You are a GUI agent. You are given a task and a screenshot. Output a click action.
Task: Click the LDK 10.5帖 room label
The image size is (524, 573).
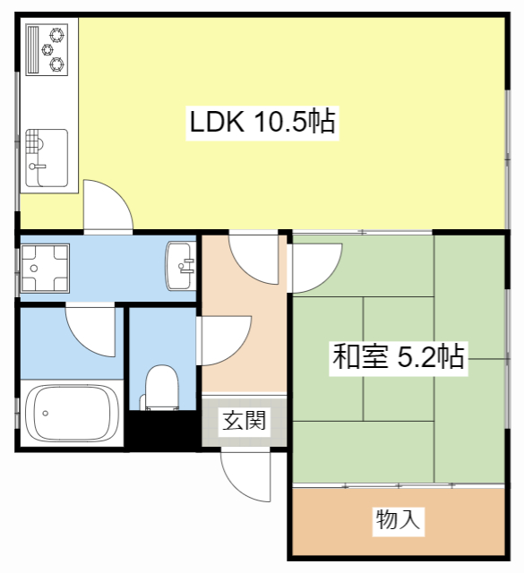(262, 122)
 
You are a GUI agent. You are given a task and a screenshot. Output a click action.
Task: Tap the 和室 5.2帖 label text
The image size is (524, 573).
(398, 357)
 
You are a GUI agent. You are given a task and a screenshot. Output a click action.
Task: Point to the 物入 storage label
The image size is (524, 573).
(398, 519)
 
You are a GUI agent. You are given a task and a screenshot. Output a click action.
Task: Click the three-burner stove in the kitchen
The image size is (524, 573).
(49, 49)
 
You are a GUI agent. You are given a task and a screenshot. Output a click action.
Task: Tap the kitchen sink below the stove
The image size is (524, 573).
(47, 158)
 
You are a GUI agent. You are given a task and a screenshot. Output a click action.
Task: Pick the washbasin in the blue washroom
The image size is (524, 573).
(182, 266)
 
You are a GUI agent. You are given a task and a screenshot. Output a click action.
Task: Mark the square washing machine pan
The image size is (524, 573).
(41, 266)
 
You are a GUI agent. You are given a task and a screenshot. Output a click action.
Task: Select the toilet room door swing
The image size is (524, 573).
(219, 341)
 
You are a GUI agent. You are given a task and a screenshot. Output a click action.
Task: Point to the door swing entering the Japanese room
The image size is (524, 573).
(314, 264)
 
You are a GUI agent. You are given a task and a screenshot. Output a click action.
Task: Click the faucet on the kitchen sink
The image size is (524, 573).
(36, 165)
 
